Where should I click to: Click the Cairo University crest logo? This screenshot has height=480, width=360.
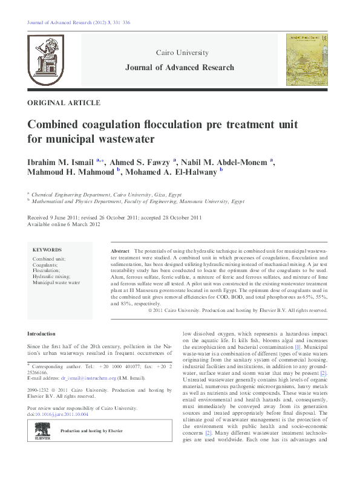tap(45, 60)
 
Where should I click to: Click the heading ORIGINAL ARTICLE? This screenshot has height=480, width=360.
tap(64, 103)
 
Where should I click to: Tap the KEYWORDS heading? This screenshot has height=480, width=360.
tap(47, 249)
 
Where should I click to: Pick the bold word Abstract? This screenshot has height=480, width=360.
tap(120, 250)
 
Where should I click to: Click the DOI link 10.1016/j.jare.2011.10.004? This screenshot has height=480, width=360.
tap(62, 414)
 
